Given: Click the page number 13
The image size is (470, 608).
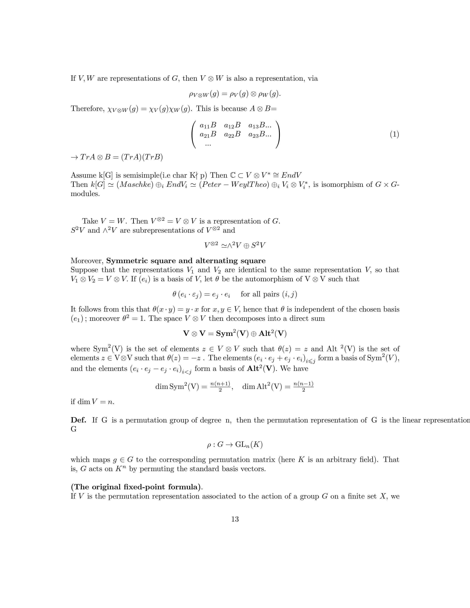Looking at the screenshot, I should click(235, 519).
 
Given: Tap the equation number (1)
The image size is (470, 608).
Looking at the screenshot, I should click(394, 134).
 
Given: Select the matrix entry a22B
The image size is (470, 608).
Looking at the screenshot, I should click(232, 134).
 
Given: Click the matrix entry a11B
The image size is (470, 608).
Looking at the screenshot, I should click(208, 125).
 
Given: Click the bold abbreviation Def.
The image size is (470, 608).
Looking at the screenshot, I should click(78, 420).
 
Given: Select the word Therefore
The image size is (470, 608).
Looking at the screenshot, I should click(87, 109).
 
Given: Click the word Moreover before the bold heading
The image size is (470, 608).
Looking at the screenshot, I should click(87, 261).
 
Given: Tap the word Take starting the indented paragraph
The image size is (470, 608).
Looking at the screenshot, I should click(90, 221).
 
